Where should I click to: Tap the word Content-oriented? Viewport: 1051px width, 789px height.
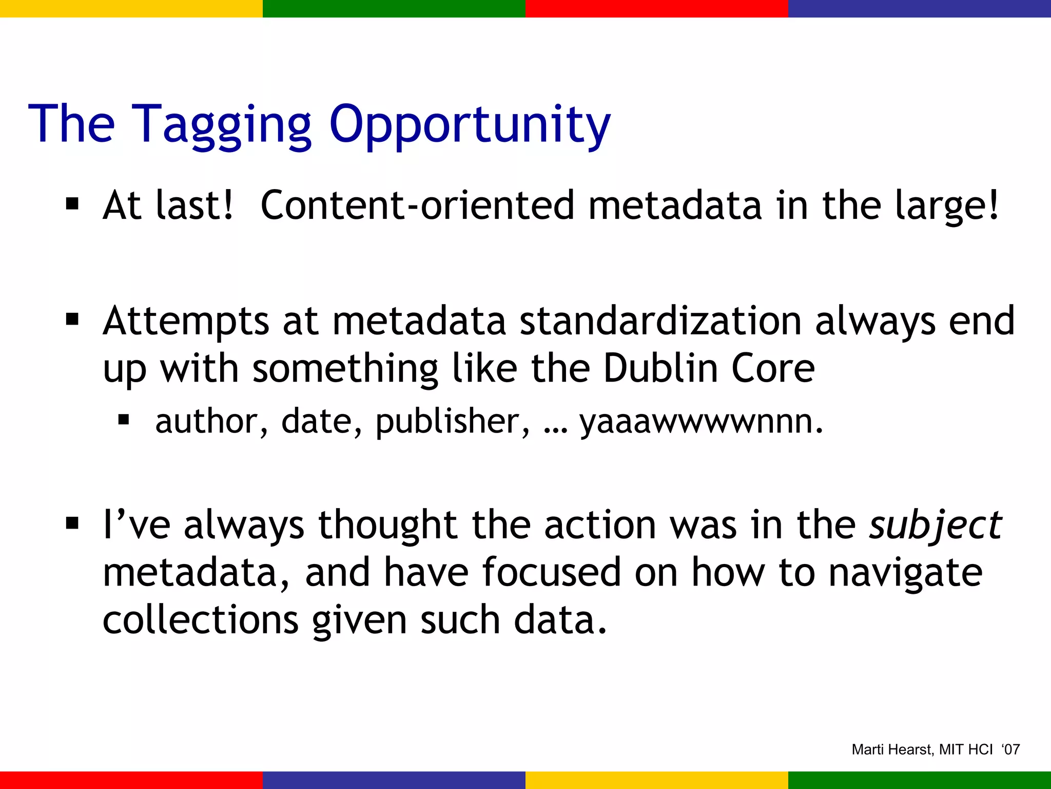click(x=417, y=205)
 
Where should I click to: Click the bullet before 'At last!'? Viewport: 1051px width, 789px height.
click(x=72, y=204)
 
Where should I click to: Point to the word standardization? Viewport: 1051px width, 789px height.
click(x=660, y=321)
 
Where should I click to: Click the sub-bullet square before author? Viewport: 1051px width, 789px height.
click(x=123, y=420)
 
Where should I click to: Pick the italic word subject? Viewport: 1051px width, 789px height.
click(x=935, y=525)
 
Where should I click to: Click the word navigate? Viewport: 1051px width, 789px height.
click(x=905, y=573)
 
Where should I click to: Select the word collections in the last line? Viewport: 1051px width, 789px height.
click(x=201, y=619)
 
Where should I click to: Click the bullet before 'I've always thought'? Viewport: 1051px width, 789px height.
click(x=72, y=524)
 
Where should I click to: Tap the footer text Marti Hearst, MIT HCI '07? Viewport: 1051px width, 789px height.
click(x=935, y=749)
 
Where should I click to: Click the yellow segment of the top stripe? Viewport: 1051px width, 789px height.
click(x=131, y=8)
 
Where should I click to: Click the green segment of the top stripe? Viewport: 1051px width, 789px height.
click(x=394, y=8)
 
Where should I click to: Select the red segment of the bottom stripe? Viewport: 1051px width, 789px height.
click(x=131, y=780)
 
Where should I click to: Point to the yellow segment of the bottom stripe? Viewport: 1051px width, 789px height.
click(x=657, y=780)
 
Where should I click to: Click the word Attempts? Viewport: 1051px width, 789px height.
click(x=186, y=321)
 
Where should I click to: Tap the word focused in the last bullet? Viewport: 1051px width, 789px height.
click(x=551, y=573)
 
